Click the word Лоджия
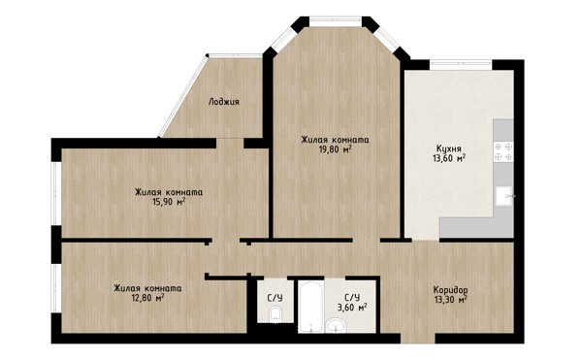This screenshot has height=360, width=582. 224,102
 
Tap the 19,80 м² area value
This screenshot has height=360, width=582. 336,149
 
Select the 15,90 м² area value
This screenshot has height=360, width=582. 169,202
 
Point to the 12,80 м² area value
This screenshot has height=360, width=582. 148,298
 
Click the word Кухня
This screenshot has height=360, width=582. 449,149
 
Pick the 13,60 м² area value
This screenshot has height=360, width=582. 449,158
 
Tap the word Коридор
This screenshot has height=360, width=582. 450,290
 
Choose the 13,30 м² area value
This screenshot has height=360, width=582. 450,299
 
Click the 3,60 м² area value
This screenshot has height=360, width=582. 352,308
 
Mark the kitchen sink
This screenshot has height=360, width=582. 504,196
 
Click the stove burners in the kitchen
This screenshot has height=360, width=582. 503,151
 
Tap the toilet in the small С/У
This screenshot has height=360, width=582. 275,313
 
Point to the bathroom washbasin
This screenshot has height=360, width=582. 336,326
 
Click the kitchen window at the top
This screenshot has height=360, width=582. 461,65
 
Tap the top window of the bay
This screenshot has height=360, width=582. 336,21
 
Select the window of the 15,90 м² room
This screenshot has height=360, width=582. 56,193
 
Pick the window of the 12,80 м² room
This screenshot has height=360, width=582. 56,288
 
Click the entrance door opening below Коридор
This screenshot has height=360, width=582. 417,339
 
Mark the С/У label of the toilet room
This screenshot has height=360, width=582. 275,298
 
